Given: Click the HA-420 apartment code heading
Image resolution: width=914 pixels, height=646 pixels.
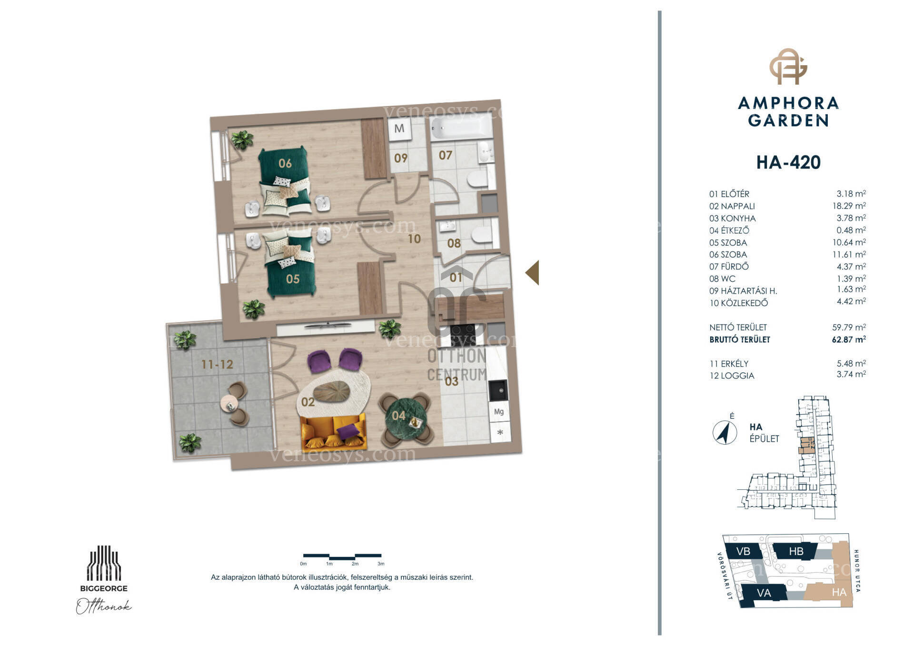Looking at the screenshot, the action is pyautogui.click(x=788, y=162).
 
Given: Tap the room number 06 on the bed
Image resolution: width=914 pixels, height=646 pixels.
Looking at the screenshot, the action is pyautogui.click(x=285, y=163).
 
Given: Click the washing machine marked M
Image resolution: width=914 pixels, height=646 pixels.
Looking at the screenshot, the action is pyautogui.click(x=400, y=129).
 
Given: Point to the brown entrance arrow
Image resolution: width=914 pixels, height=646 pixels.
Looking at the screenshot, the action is pyautogui.click(x=532, y=273).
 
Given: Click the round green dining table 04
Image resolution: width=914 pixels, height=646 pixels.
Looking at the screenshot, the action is pyautogui.click(x=405, y=418).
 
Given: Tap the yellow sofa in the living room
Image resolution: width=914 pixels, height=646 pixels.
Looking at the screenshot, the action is pyautogui.click(x=334, y=432).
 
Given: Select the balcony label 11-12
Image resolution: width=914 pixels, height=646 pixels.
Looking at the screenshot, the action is pyautogui.click(x=217, y=365).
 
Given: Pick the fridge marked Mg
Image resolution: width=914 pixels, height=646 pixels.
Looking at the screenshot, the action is pyautogui.click(x=499, y=412).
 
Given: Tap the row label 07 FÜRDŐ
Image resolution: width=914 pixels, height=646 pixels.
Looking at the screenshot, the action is pyautogui.click(x=729, y=267).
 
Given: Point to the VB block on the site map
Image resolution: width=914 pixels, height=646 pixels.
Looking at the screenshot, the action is pyautogui.click(x=743, y=551).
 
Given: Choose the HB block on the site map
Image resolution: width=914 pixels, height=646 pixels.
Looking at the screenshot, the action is pyautogui.click(x=796, y=551).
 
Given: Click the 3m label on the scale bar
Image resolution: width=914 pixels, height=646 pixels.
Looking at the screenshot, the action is pyautogui.click(x=381, y=564).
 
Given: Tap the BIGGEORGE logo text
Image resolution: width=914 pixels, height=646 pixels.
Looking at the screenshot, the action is pyautogui.click(x=104, y=588).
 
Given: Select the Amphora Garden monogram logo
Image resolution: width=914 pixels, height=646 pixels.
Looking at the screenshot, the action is pyautogui.click(x=788, y=66).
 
